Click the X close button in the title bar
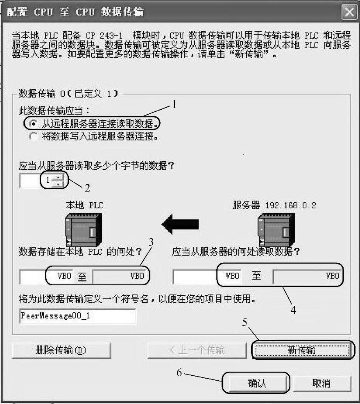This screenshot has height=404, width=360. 349,12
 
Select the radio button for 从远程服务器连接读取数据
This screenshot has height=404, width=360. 34,123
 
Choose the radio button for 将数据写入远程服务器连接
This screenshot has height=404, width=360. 34,136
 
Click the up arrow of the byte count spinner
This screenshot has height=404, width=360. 59,177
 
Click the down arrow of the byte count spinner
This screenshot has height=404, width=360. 59,184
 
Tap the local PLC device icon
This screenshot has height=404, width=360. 82,229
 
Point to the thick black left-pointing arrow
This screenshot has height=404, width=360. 180,224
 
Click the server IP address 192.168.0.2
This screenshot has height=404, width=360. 290,205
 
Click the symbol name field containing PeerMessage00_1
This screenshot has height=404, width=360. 77,316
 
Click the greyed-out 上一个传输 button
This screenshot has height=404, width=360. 197,350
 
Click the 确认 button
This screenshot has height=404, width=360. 256,383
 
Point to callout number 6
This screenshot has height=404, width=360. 179,373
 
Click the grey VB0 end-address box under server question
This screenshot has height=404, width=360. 308,276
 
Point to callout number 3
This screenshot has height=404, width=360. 151,242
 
